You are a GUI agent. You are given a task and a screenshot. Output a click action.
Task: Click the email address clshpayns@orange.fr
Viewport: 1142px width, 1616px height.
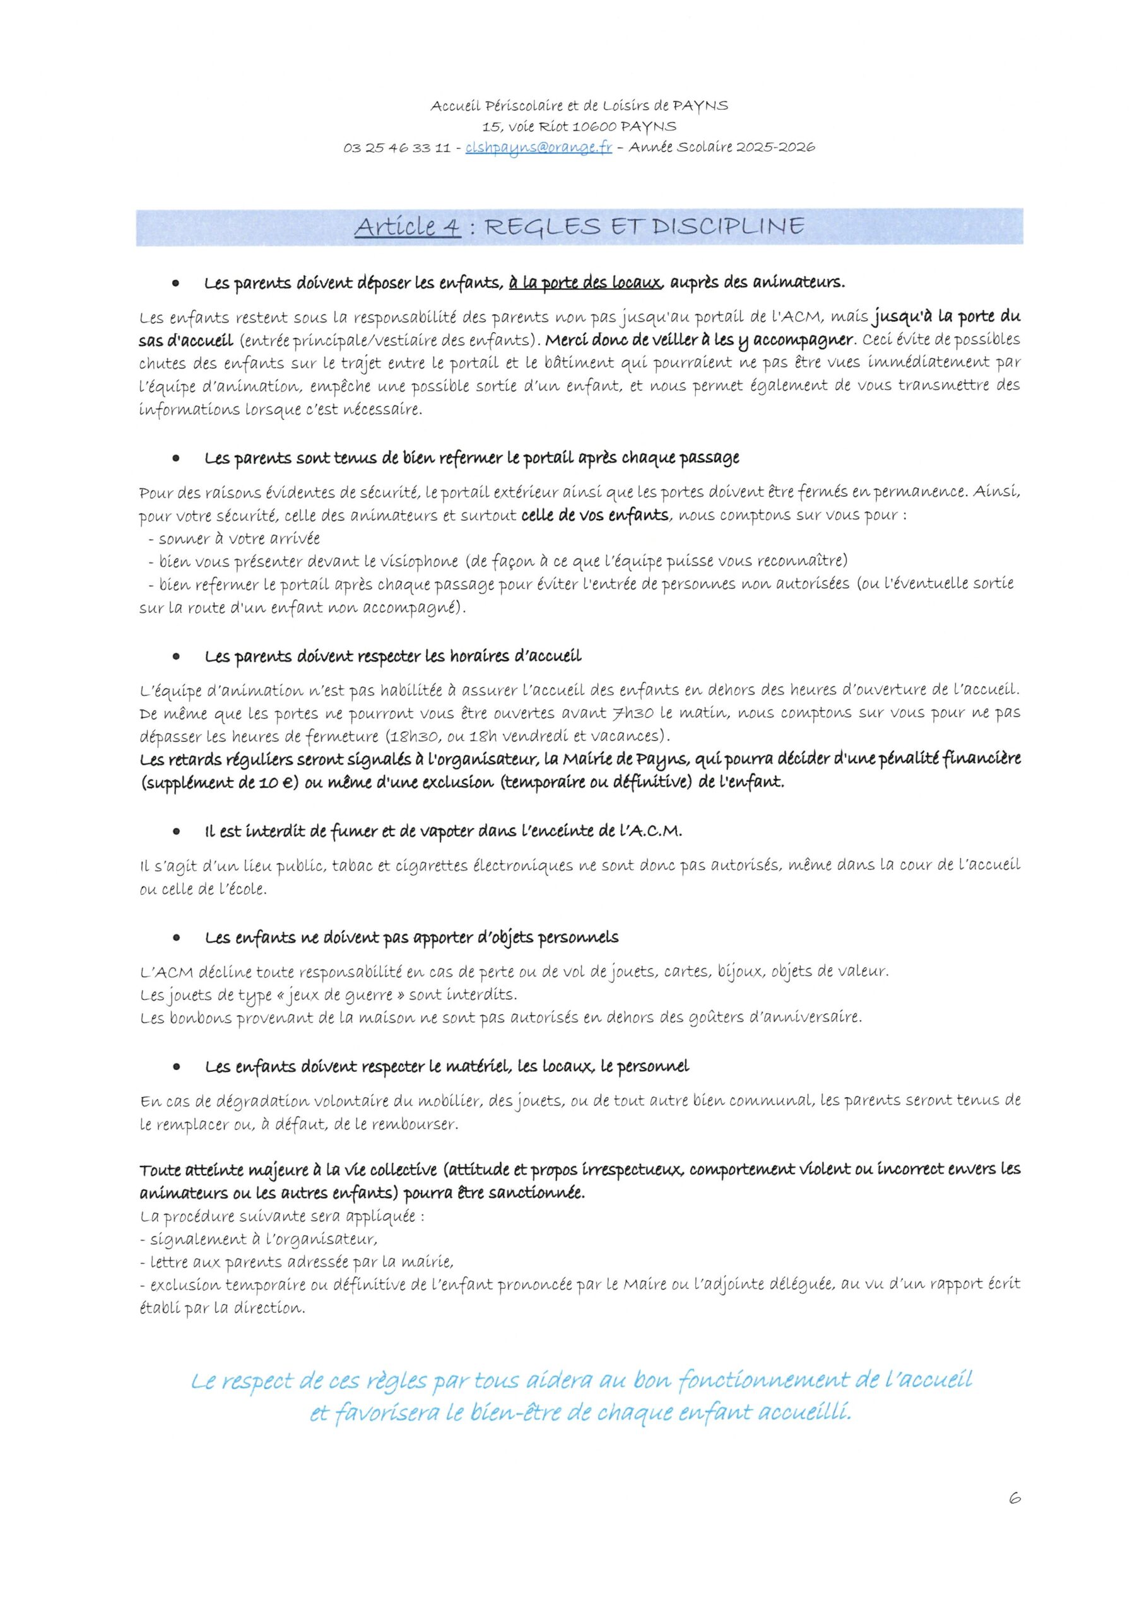(x=538, y=148)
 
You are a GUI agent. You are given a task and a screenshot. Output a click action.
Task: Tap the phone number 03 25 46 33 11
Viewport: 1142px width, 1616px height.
(x=397, y=148)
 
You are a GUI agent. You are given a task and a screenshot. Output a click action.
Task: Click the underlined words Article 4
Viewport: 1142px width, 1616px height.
(x=408, y=227)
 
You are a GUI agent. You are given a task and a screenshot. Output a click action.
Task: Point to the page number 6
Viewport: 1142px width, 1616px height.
(x=1015, y=1518)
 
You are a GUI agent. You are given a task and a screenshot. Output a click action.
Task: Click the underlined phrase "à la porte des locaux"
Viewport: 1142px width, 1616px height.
(x=585, y=283)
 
